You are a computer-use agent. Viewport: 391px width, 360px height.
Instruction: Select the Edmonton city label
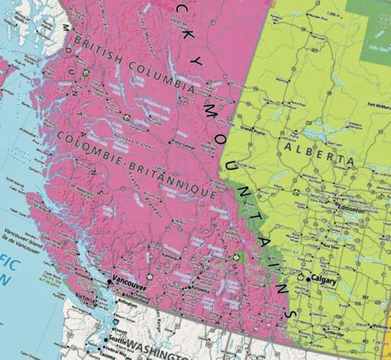coord(352,210)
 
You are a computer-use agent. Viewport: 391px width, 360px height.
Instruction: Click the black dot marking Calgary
coord(308,280)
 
